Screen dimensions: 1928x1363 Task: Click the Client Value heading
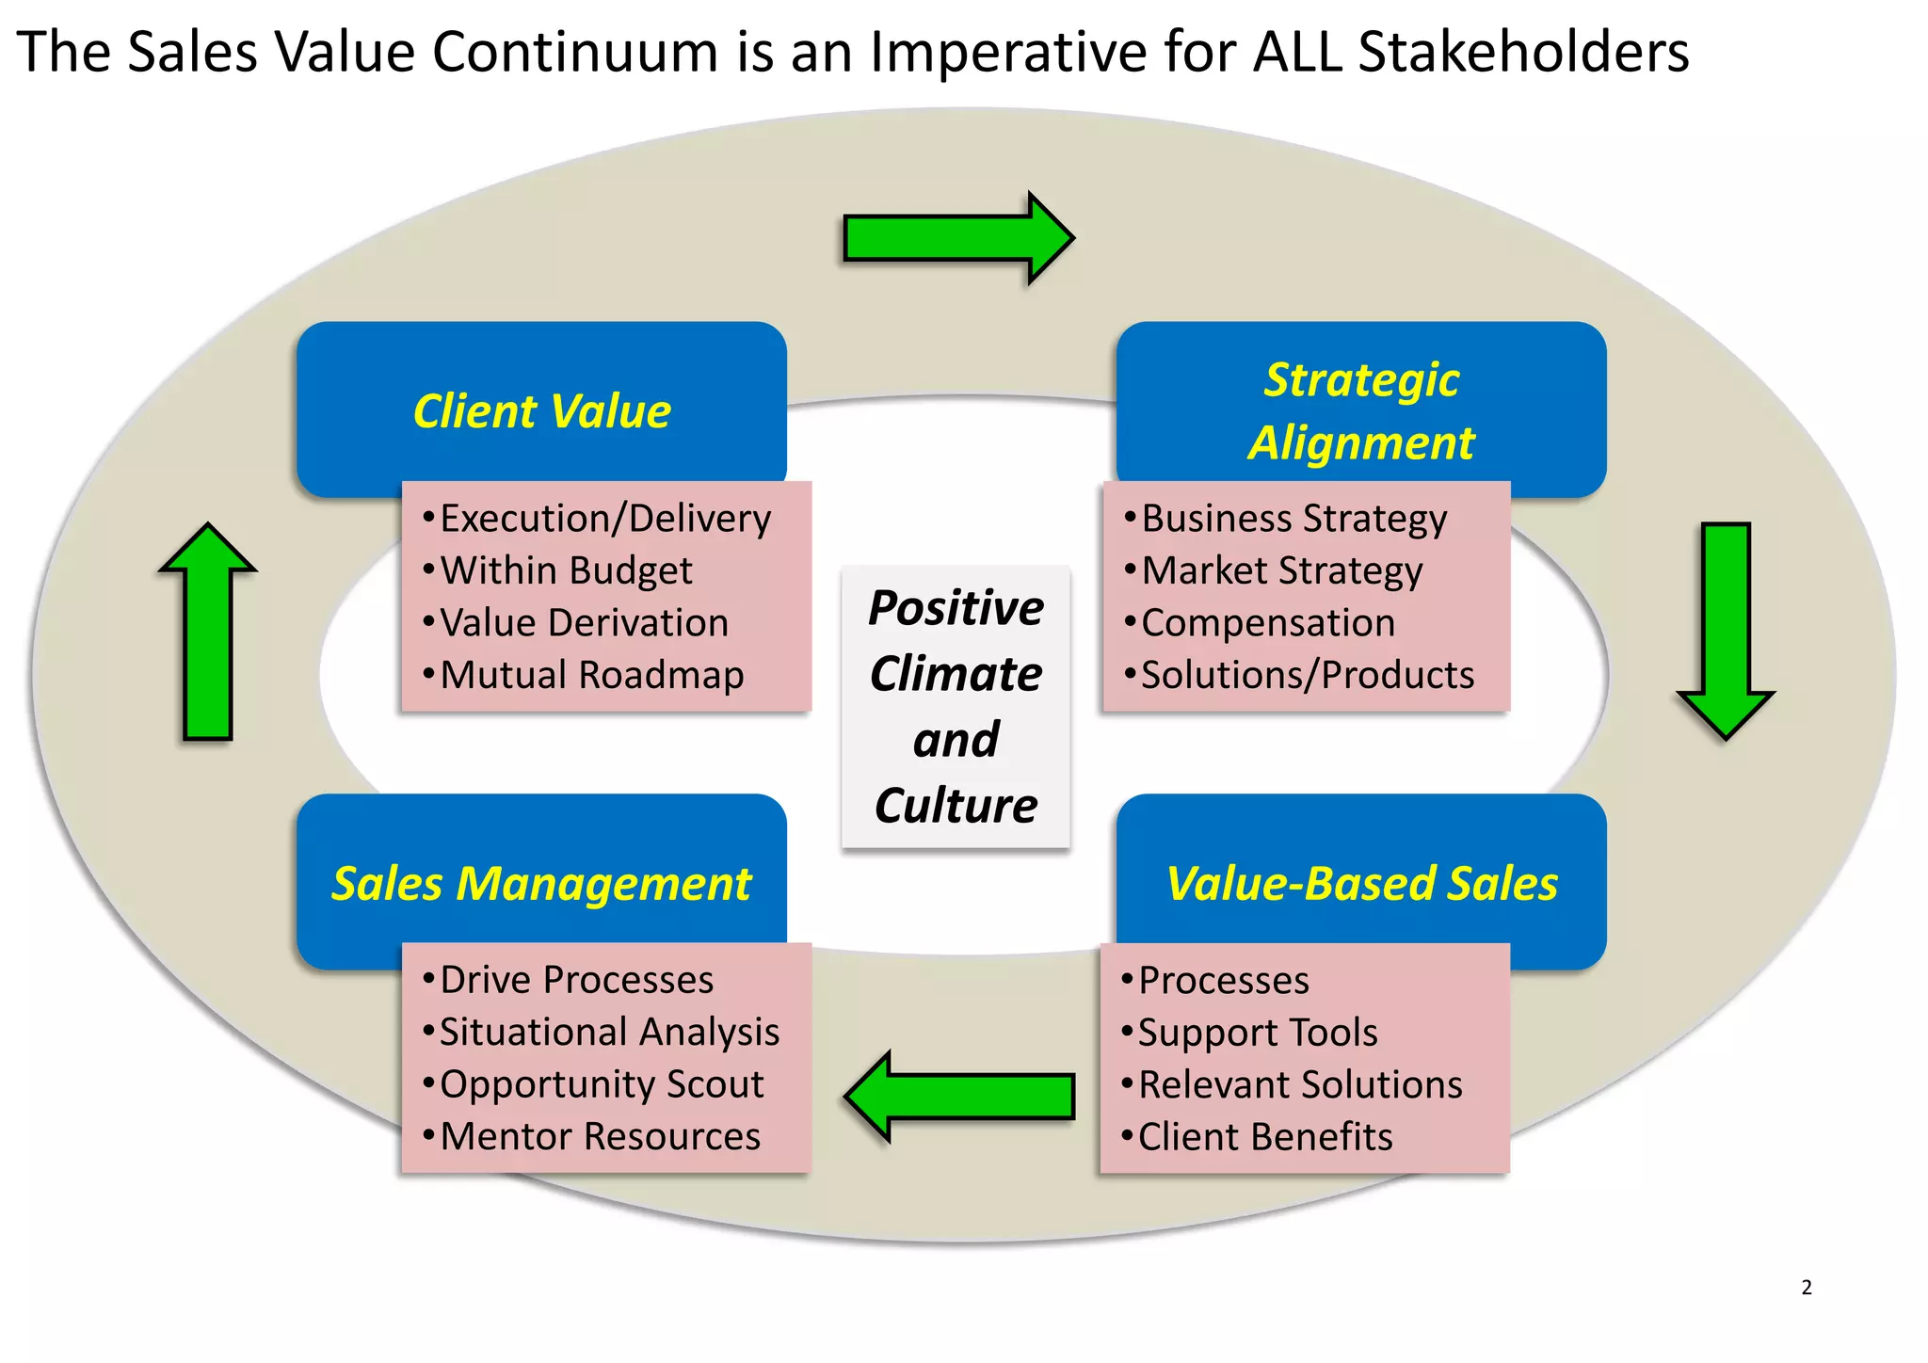[542, 411]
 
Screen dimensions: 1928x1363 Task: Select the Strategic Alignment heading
[1361, 411]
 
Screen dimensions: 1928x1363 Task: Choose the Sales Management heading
[542, 884]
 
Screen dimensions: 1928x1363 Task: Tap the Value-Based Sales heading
[1361, 884]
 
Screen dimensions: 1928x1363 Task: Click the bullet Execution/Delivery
[605, 519]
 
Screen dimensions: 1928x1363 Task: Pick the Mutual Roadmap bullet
[592, 675]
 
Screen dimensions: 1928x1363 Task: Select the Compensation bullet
[1268, 623]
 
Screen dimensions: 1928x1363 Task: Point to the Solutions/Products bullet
[1308, 675]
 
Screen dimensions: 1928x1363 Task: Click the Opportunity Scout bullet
[602, 1084]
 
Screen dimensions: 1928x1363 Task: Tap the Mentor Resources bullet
[601, 1136]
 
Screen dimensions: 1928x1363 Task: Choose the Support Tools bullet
[1258, 1033]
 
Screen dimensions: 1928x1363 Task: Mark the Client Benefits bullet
[1265, 1137]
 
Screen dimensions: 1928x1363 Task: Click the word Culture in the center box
[956, 806]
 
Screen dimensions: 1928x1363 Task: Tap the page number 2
[1807, 1288]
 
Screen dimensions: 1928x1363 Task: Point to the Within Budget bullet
[566, 570]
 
